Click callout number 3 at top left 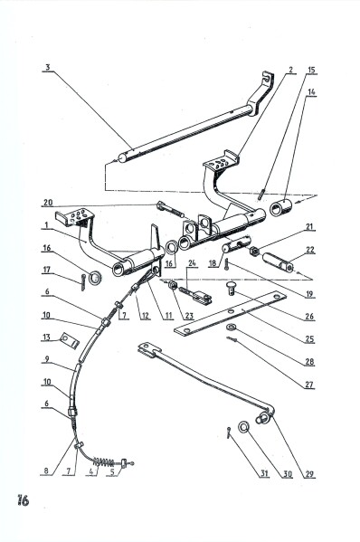(48, 67)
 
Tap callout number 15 (311, 71)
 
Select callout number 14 (311, 92)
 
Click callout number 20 (48, 202)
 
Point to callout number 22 (310, 250)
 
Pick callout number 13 (47, 337)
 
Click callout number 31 (264, 473)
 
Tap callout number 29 (309, 473)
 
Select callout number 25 (310, 338)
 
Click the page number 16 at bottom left (24, 500)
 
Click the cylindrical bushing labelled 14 (280, 207)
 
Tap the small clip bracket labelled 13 (69, 340)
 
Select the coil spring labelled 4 (103, 461)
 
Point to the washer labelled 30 (244, 427)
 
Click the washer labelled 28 (231, 327)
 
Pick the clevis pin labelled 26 (232, 288)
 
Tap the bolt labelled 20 (170, 209)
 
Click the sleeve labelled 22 (278, 262)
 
